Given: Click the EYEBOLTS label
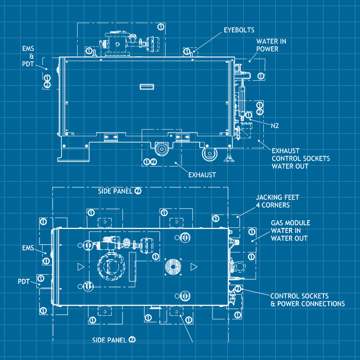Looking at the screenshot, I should pos(239,30).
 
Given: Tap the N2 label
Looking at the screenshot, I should pos(276,125).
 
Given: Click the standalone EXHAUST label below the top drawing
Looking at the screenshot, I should pos(202,175).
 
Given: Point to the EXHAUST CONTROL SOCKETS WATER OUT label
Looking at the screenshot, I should pos(301,158).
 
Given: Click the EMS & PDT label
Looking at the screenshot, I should pos(28,56).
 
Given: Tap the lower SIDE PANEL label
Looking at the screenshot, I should pos(110,340).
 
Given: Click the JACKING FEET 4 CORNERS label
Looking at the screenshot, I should pos(277,201).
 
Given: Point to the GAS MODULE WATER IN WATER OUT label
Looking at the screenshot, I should pos(290,230).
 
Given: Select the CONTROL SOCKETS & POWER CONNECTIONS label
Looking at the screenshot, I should pos(308,300).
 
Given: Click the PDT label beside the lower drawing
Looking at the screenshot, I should pos(24,282).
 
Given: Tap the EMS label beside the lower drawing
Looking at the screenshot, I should pos(28,248).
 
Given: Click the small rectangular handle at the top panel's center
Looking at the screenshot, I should pos(147,86).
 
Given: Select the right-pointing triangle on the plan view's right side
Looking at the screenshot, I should pos(194,266).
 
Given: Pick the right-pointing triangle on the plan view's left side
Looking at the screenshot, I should pos(80,266).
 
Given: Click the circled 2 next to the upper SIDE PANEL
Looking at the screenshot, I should pos(138,191).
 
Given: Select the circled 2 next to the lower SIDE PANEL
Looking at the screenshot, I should pos(132,340).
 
